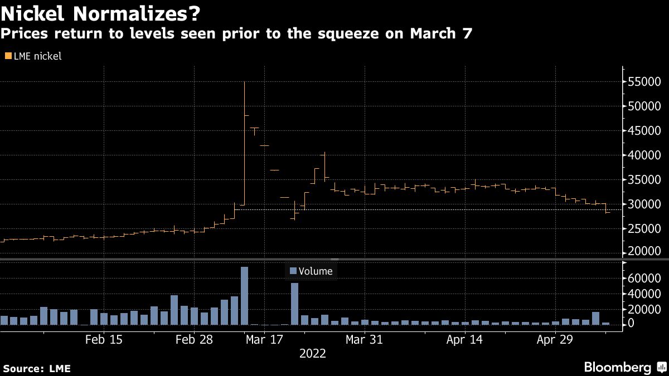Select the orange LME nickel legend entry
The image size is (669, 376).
click(33, 56)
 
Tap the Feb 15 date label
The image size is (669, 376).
click(104, 339)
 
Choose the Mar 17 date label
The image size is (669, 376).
click(265, 339)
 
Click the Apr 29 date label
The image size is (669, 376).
click(556, 339)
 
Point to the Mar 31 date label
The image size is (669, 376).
click(363, 339)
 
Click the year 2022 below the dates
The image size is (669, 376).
click(313, 353)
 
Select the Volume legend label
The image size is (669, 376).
click(315, 271)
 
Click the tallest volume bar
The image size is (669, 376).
click(244, 295)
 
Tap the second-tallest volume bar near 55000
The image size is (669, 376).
click(294, 304)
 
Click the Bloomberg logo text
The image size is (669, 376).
click(617, 367)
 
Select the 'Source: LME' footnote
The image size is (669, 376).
click(36, 369)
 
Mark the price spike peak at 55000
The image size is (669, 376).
click(244, 83)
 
